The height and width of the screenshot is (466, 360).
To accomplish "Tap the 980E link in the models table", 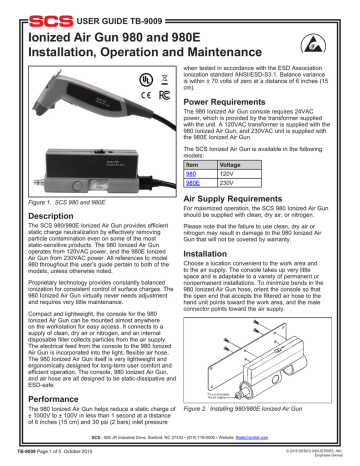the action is (x=194, y=183).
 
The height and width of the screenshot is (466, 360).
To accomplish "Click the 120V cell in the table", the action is (x=227, y=173).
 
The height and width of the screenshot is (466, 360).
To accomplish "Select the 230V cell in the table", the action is (x=227, y=183).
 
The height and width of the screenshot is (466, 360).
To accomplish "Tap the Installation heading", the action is (x=209, y=254).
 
